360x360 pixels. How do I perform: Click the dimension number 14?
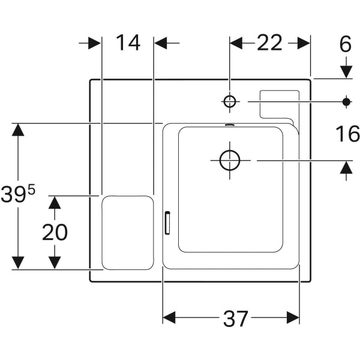(127, 43)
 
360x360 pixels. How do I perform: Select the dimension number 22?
(269, 43)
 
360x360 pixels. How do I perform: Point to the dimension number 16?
(347, 134)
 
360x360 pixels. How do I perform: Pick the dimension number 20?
(55, 232)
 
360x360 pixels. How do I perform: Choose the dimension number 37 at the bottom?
(236, 319)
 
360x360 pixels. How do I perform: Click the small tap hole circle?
(230, 101)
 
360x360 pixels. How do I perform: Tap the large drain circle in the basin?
(230, 160)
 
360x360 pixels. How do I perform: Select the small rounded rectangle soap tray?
(127, 232)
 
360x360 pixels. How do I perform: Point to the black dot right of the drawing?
(346, 101)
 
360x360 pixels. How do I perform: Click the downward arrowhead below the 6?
(346, 71)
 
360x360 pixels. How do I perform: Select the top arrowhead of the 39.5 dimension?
(18, 130)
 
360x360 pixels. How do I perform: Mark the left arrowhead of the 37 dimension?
(169, 317)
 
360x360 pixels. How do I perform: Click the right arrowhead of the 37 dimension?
(293, 317)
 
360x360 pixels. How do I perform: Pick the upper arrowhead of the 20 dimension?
(55, 202)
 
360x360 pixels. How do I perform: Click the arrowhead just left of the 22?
(236, 43)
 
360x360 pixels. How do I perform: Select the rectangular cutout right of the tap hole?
(279, 103)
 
